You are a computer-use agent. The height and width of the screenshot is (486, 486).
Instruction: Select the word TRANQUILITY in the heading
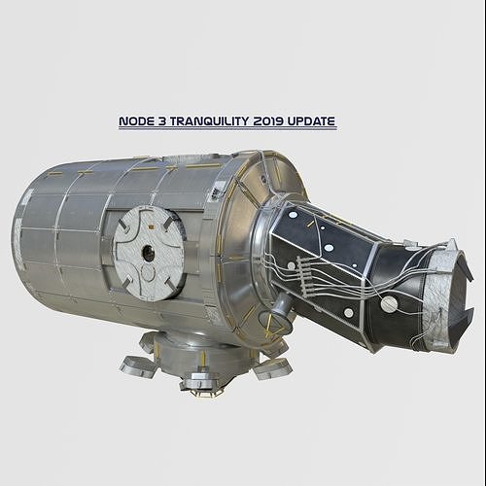pyautogui.click(x=208, y=122)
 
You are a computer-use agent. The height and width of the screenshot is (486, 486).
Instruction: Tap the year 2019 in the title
pyautogui.click(x=269, y=122)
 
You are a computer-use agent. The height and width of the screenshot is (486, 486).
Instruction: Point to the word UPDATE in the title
pyautogui.click(x=313, y=122)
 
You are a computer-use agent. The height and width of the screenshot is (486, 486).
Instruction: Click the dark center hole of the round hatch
pyautogui.click(x=148, y=253)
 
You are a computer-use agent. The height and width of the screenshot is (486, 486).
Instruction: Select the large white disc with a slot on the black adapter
pyautogui.click(x=389, y=304)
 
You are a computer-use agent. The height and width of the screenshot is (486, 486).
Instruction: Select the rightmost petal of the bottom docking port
pyautogui.click(x=273, y=367)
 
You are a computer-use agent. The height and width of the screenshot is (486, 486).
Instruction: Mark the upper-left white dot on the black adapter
pyautogui.click(x=293, y=214)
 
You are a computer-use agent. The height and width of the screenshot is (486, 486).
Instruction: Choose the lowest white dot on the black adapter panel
pyautogui.click(x=348, y=313)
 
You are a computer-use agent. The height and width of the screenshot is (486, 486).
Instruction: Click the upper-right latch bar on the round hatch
pyautogui.click(x=171, y=226)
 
